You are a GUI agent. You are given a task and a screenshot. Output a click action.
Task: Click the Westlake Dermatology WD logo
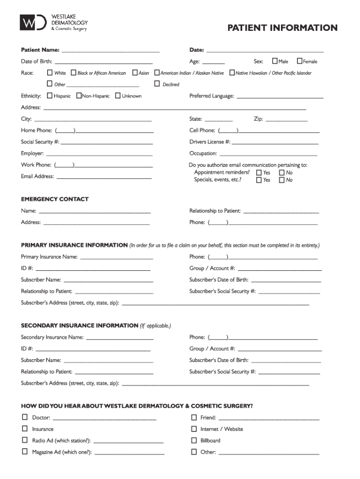33,22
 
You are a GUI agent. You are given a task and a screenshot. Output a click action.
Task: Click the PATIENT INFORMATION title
282,28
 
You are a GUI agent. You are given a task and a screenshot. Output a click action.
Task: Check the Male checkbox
275,61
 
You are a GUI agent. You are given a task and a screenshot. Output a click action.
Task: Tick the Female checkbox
300,61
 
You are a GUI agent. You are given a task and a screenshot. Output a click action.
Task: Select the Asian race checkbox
135,73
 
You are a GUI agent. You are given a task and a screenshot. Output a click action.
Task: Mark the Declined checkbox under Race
157,84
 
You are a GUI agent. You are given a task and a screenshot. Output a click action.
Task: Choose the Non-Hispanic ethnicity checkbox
79,96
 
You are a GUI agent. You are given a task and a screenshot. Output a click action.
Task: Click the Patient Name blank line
110,50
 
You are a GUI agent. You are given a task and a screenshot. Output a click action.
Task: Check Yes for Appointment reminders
259,173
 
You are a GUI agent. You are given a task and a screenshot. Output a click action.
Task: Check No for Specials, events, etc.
282,180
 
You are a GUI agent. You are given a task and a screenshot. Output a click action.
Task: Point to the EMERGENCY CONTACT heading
55,199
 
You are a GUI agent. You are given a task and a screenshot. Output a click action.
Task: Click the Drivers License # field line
275,143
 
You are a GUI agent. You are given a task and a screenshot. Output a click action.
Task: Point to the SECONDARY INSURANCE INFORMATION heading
79,326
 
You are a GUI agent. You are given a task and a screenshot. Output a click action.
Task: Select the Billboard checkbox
194,441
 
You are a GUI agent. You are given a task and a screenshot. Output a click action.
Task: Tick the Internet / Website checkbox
194,429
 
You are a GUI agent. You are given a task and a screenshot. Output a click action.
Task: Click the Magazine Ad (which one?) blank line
130,453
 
